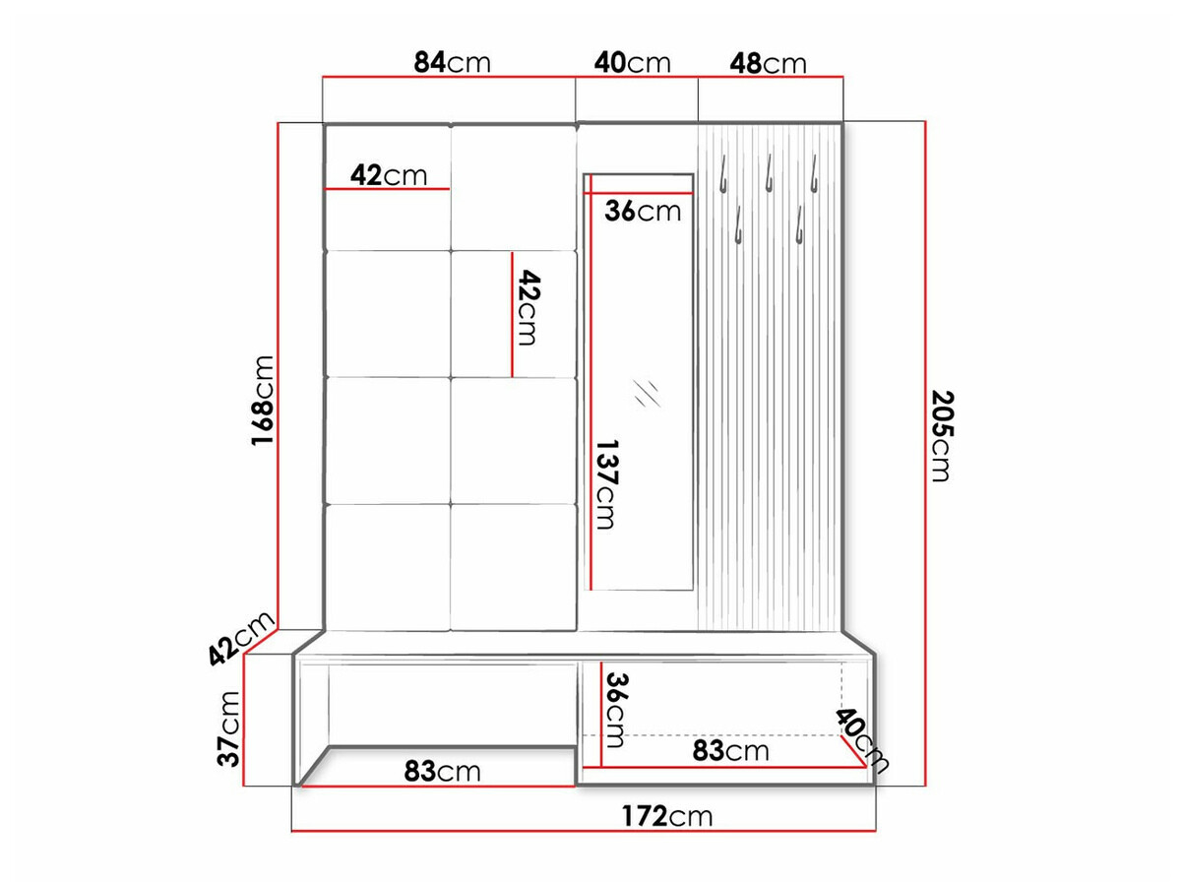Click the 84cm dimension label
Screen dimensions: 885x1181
click(x=451, y=63)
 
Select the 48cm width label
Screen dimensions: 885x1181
click(x=768, y=64)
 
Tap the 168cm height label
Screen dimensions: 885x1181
click(x=262, y=401)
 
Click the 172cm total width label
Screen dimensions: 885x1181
click(x=666, y=816)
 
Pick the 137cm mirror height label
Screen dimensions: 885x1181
click(x=604, y=483)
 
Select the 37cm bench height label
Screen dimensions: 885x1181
click(x=229, y=728)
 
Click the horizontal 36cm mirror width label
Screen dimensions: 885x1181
click(x=642, y=211)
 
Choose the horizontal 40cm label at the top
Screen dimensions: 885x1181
click(x=633, y=63)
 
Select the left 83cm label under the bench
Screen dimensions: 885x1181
click(x=442, y=772)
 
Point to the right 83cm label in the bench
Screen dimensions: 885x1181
click(x=730, y=751)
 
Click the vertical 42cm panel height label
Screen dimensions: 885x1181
click(x=528, y=308)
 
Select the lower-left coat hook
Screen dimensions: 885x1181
click(x=737, y=223)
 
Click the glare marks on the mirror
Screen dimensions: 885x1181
click(x=647, y=392)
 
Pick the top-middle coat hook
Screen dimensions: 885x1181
click(x=768, y=173)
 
